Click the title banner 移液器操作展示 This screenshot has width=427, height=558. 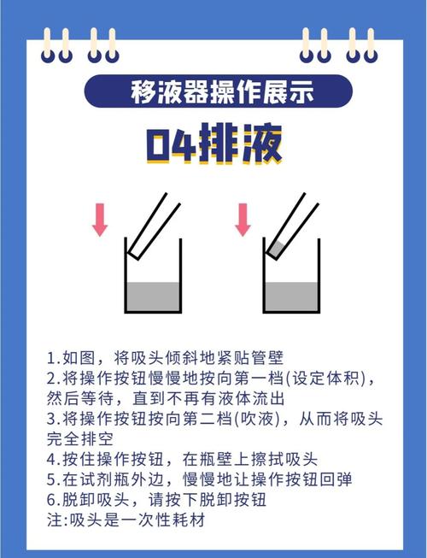click(x=219, y=91)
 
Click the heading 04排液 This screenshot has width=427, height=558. click(x=214, y=144)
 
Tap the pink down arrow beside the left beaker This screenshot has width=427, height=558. click(x=100, y=220)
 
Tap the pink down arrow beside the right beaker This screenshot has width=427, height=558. click(x=243, y=220)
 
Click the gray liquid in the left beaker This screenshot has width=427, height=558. click(x=153, y=296)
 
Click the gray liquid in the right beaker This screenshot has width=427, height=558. click(x=291, y=296)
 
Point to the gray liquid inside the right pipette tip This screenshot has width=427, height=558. click(x=277, y=249)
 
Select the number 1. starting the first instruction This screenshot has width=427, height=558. click(x=55, y=358)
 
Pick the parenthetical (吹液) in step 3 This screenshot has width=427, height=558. click(x=257, y=419)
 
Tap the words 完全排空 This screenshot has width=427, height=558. click(x=80, y=439)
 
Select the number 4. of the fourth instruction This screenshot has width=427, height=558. click(x=55, y=460)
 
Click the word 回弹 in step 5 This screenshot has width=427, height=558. click(x=336, y=479)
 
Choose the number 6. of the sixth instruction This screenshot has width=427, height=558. click(x=55, y=500)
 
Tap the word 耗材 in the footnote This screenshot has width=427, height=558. click(x=189, y=520)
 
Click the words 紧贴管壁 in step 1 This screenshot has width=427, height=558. click(x=250, y=358)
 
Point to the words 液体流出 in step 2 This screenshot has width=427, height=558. click(x=252, y=398)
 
